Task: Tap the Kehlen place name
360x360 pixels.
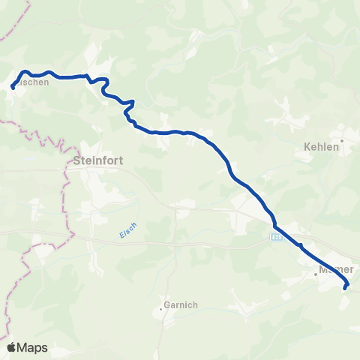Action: [x=322, y=148]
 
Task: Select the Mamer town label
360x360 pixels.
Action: [x=335, y=268]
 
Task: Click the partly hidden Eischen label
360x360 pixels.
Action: [x=34, y=83]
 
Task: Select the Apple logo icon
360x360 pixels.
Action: [x=12, y=347]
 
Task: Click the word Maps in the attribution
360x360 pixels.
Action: [x=34, y=347]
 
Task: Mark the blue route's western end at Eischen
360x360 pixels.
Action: [x=13, y=88]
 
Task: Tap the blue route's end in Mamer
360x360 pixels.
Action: [x=345, y=287]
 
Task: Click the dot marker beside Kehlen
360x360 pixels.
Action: [x=342, y=140]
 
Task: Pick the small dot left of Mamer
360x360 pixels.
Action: [x=316, y=274]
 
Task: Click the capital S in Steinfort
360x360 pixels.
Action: [x=78, y=160]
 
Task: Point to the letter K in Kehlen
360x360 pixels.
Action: [x=307, y=148]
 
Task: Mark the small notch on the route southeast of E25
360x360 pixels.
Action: [x=300, y=244]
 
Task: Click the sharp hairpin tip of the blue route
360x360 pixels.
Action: [x=133, y=101]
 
